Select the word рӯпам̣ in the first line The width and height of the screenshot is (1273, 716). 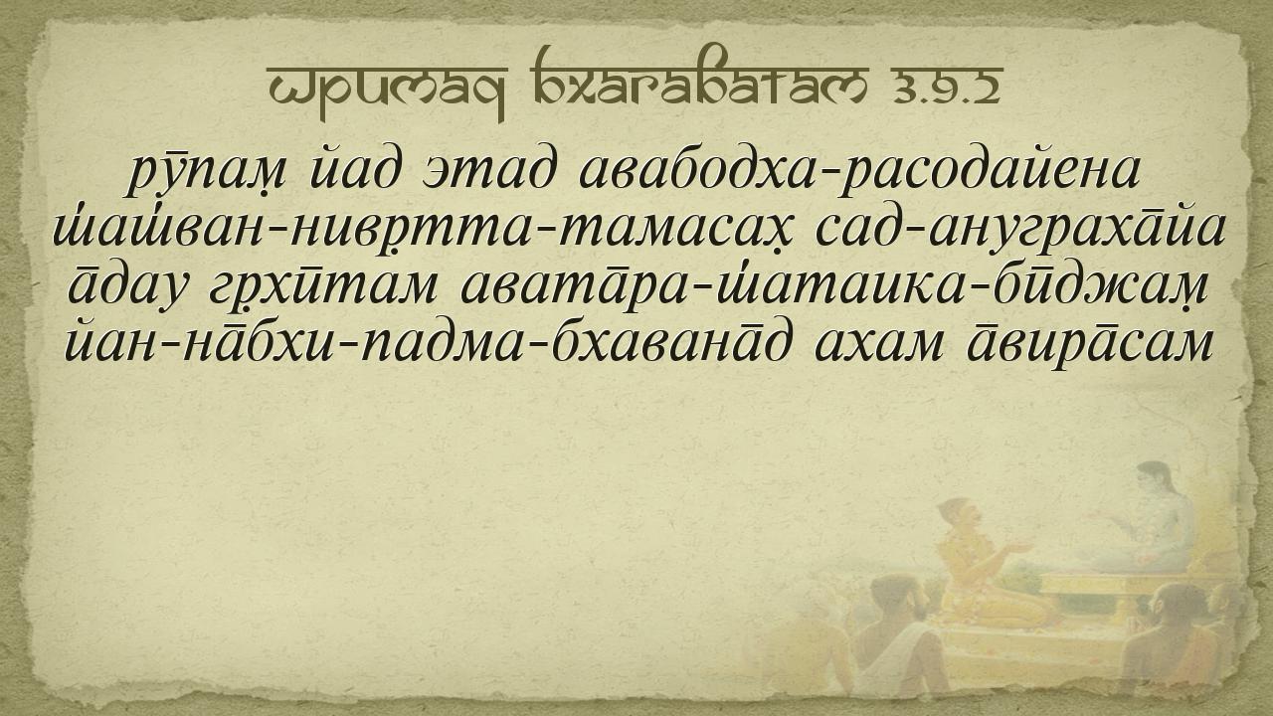pyautogui.click(x=208, y=174)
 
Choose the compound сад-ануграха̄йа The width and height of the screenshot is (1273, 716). pyautogui.click(x=1020, y=232)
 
